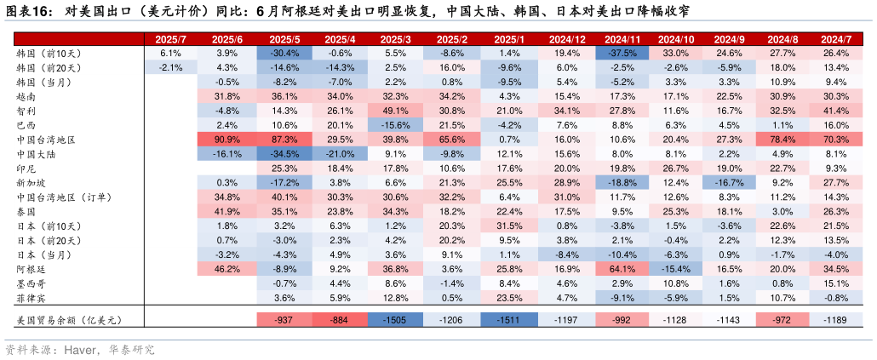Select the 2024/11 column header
click(622, 39)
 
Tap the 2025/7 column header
click(171, 39)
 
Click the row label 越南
click(27, 96)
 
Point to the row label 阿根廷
click(32, 269)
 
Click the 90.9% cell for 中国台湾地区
click(226, 140)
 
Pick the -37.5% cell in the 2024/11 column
click(622, 53)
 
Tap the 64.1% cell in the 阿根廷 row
click(622, 269)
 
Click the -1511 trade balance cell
click(509, 319)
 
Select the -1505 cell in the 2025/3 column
click(396, 319)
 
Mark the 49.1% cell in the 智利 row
click(396, 111)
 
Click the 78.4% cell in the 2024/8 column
click(782, 140)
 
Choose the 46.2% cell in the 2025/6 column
click(226, 269)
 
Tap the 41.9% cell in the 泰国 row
click(226, 211)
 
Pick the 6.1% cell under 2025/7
click(171, 53)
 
